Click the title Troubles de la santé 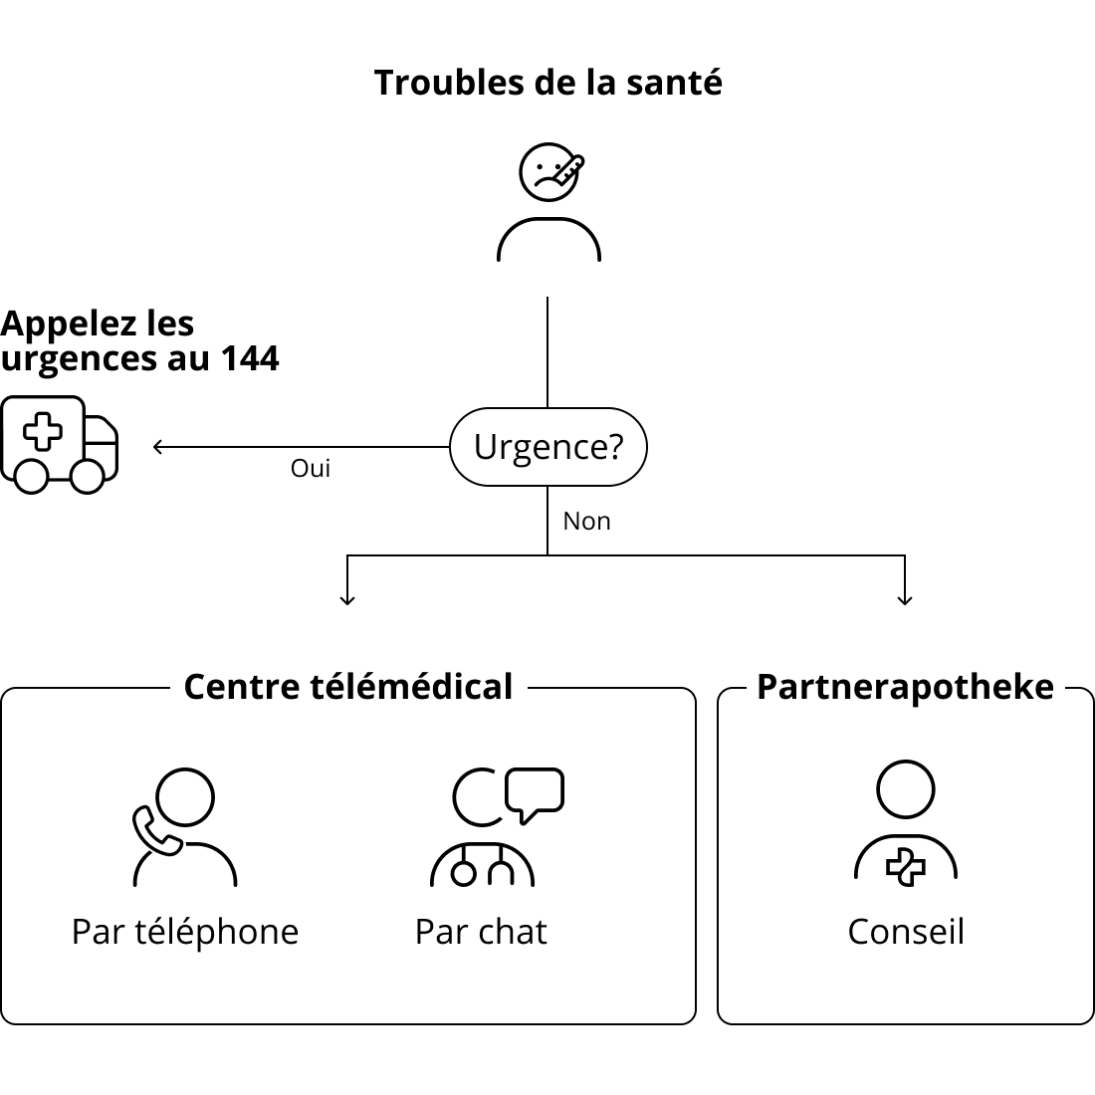(548, 83)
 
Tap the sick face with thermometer (550, 172)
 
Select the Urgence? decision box (548, 447)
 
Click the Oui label (310, 469)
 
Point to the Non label (586, 522)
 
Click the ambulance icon (60, 445)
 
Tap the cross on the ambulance (43, 431)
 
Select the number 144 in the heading (250, 359)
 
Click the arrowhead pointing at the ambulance (157, 447)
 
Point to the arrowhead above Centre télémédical (347, 600)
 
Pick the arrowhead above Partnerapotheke (905, 600)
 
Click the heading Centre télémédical (348, 687)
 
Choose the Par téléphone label (185, 933)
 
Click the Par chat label (481, 933)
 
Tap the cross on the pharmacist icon (906, 867)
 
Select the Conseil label (906, 933)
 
